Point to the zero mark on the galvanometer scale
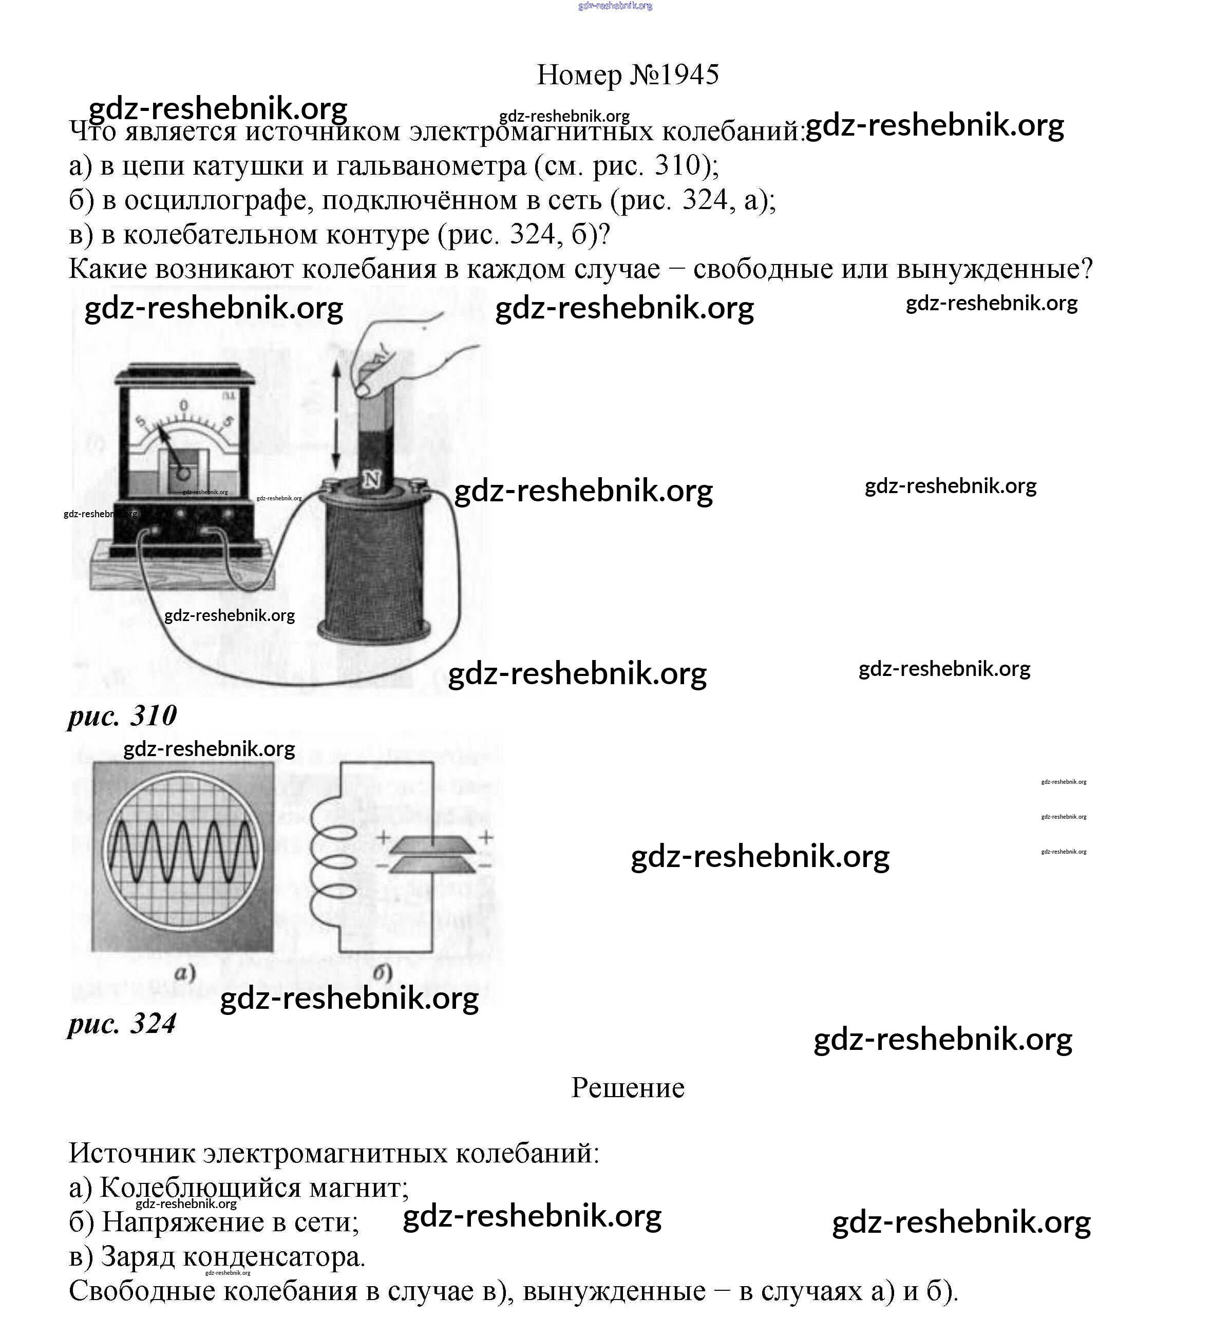pyautogui.click(x=184, y=405)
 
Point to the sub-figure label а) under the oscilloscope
pyautogui.click(x=184, y=973)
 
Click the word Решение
pyautogui.click(x=628, y=1087)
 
